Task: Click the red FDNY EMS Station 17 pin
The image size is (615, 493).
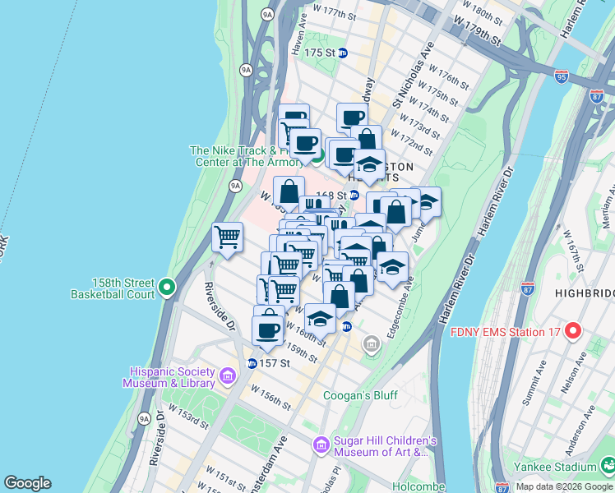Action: tap(573, 332)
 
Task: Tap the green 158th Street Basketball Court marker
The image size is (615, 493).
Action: tap(167, 288)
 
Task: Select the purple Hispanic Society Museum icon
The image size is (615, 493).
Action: tap(228, 376)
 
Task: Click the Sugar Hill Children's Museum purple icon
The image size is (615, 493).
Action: tap(321, 445)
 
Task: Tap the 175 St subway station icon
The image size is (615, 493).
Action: tap(343, 53)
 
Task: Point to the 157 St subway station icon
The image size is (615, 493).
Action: tap(252, 363)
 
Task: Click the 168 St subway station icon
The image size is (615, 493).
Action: tap(354, 195)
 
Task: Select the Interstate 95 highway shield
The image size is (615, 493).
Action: tap(562, 76)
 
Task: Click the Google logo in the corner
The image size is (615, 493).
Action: tap(27, 483)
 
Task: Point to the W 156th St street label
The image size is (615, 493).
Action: tap(271, 398)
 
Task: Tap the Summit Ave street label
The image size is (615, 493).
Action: tap(535, 385)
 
